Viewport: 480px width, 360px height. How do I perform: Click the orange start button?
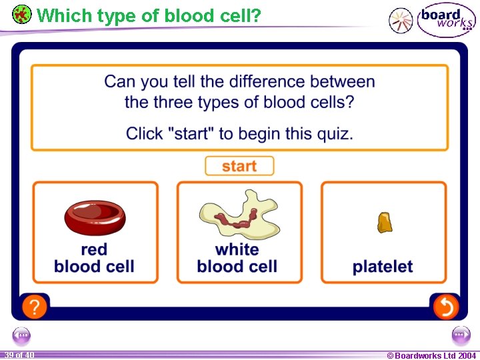click(239, 166)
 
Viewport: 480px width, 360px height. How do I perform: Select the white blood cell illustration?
click(239, 215)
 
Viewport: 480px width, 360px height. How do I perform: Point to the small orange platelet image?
click(384, 222)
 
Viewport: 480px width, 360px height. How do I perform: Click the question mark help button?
click(34, 307)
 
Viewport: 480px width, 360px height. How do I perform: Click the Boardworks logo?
click(446, 19)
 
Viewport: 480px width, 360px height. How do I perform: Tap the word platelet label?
click(383, 267)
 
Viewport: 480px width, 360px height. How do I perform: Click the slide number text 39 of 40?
click(18, 355)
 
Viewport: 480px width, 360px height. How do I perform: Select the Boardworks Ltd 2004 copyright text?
click(431, 355)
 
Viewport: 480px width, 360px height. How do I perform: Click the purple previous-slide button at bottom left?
click(22, 335)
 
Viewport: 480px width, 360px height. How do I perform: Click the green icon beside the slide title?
click(21, 14)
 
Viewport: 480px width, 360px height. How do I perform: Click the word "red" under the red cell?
click(94, 250)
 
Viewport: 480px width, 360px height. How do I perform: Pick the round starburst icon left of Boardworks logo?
click(401, 21)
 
